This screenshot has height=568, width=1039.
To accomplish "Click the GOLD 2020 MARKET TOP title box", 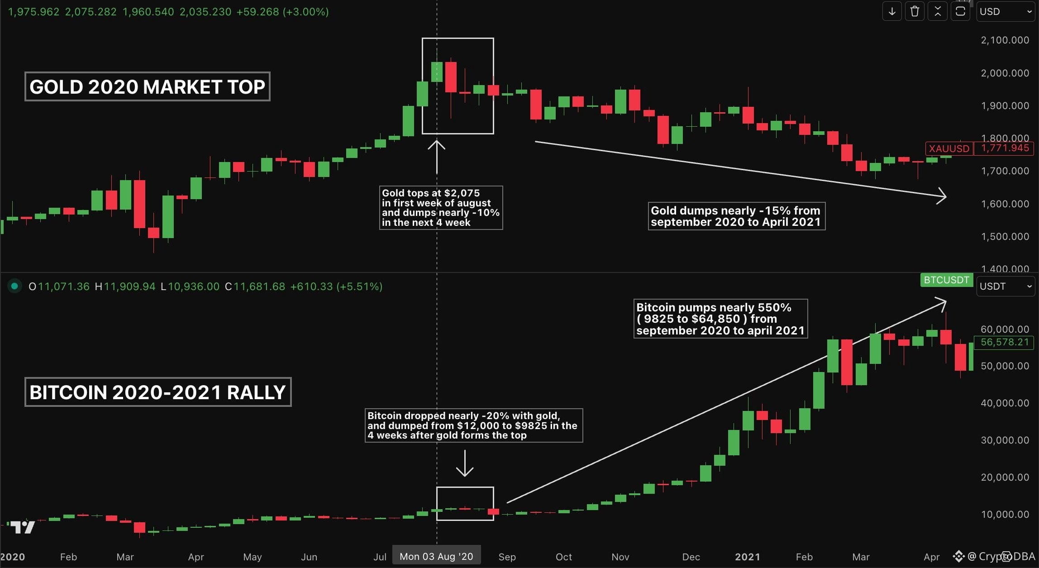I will [x=147, y=86].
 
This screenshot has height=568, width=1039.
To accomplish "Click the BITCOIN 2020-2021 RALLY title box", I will [x=157, y=392].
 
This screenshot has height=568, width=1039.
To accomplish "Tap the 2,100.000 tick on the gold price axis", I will [x=1005, y=40].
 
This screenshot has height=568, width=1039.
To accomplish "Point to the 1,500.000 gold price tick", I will [x=1005, y=236].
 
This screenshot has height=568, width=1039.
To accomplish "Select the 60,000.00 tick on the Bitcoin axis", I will [x=1005, y=329].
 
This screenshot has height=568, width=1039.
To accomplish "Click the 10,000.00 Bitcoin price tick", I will [x=1005, y=514].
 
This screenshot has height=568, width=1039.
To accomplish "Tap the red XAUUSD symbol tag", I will [x=949, y=148].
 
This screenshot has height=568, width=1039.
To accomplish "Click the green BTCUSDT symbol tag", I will [x=946, y=280].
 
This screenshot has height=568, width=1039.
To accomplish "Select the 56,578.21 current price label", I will [x=1005, y=342].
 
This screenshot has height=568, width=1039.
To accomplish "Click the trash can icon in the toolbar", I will [x=915, y=12].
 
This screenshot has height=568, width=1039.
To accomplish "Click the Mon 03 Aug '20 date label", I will [x=436, y=556].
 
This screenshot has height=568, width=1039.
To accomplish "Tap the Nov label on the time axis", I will [x=620, y=557].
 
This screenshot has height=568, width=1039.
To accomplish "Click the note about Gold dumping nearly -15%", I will [x=736, y=216].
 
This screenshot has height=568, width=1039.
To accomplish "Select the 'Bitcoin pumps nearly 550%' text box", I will [x=720, y=319].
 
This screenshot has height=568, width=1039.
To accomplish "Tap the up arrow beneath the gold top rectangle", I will [x=437, y=157].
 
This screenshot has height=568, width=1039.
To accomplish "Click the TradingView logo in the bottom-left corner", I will [x=23, y=527].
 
